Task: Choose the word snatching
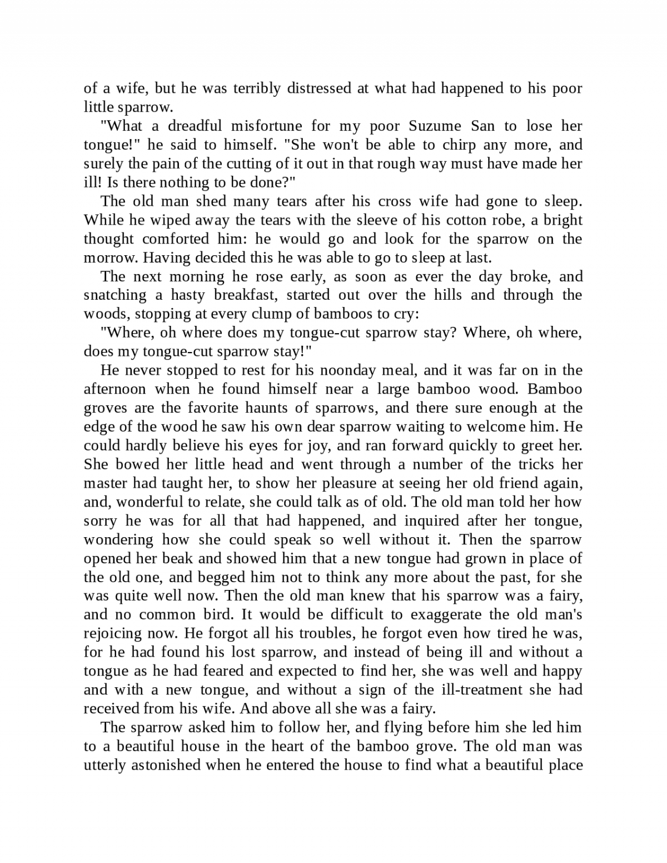115,295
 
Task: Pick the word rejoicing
113,633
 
